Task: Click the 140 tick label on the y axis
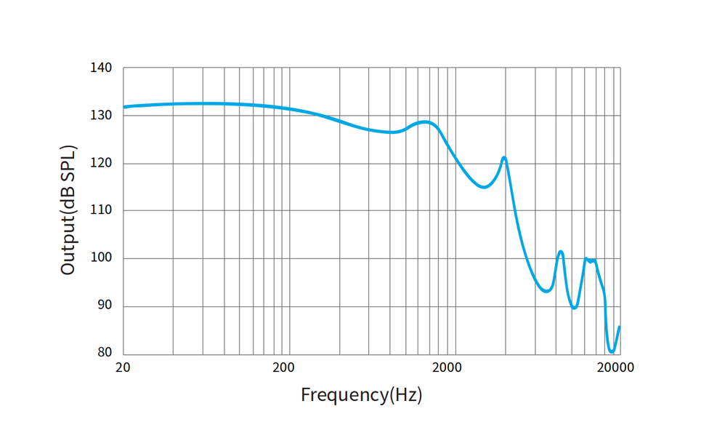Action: point(101,68)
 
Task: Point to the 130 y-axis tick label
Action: point(101,115)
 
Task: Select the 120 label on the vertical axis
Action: point(101,163)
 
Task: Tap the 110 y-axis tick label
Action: point(101,210)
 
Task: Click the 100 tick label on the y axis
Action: point(101,258)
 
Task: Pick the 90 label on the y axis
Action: point(105,306)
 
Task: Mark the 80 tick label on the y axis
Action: point(105,353)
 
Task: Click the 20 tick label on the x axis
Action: point(123,367)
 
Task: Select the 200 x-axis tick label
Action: point(283,367)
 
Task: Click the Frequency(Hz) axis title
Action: point(361,395)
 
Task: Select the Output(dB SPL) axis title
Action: point(68,210)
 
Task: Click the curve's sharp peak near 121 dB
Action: point(504,157)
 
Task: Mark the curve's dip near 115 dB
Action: point(484,187)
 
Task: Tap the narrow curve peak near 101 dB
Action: point(561,252)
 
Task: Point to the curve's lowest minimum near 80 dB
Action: point(612,352)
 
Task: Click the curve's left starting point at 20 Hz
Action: point(124,107)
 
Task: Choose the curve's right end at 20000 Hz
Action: point(619,327)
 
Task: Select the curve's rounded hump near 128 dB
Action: point(425,122)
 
